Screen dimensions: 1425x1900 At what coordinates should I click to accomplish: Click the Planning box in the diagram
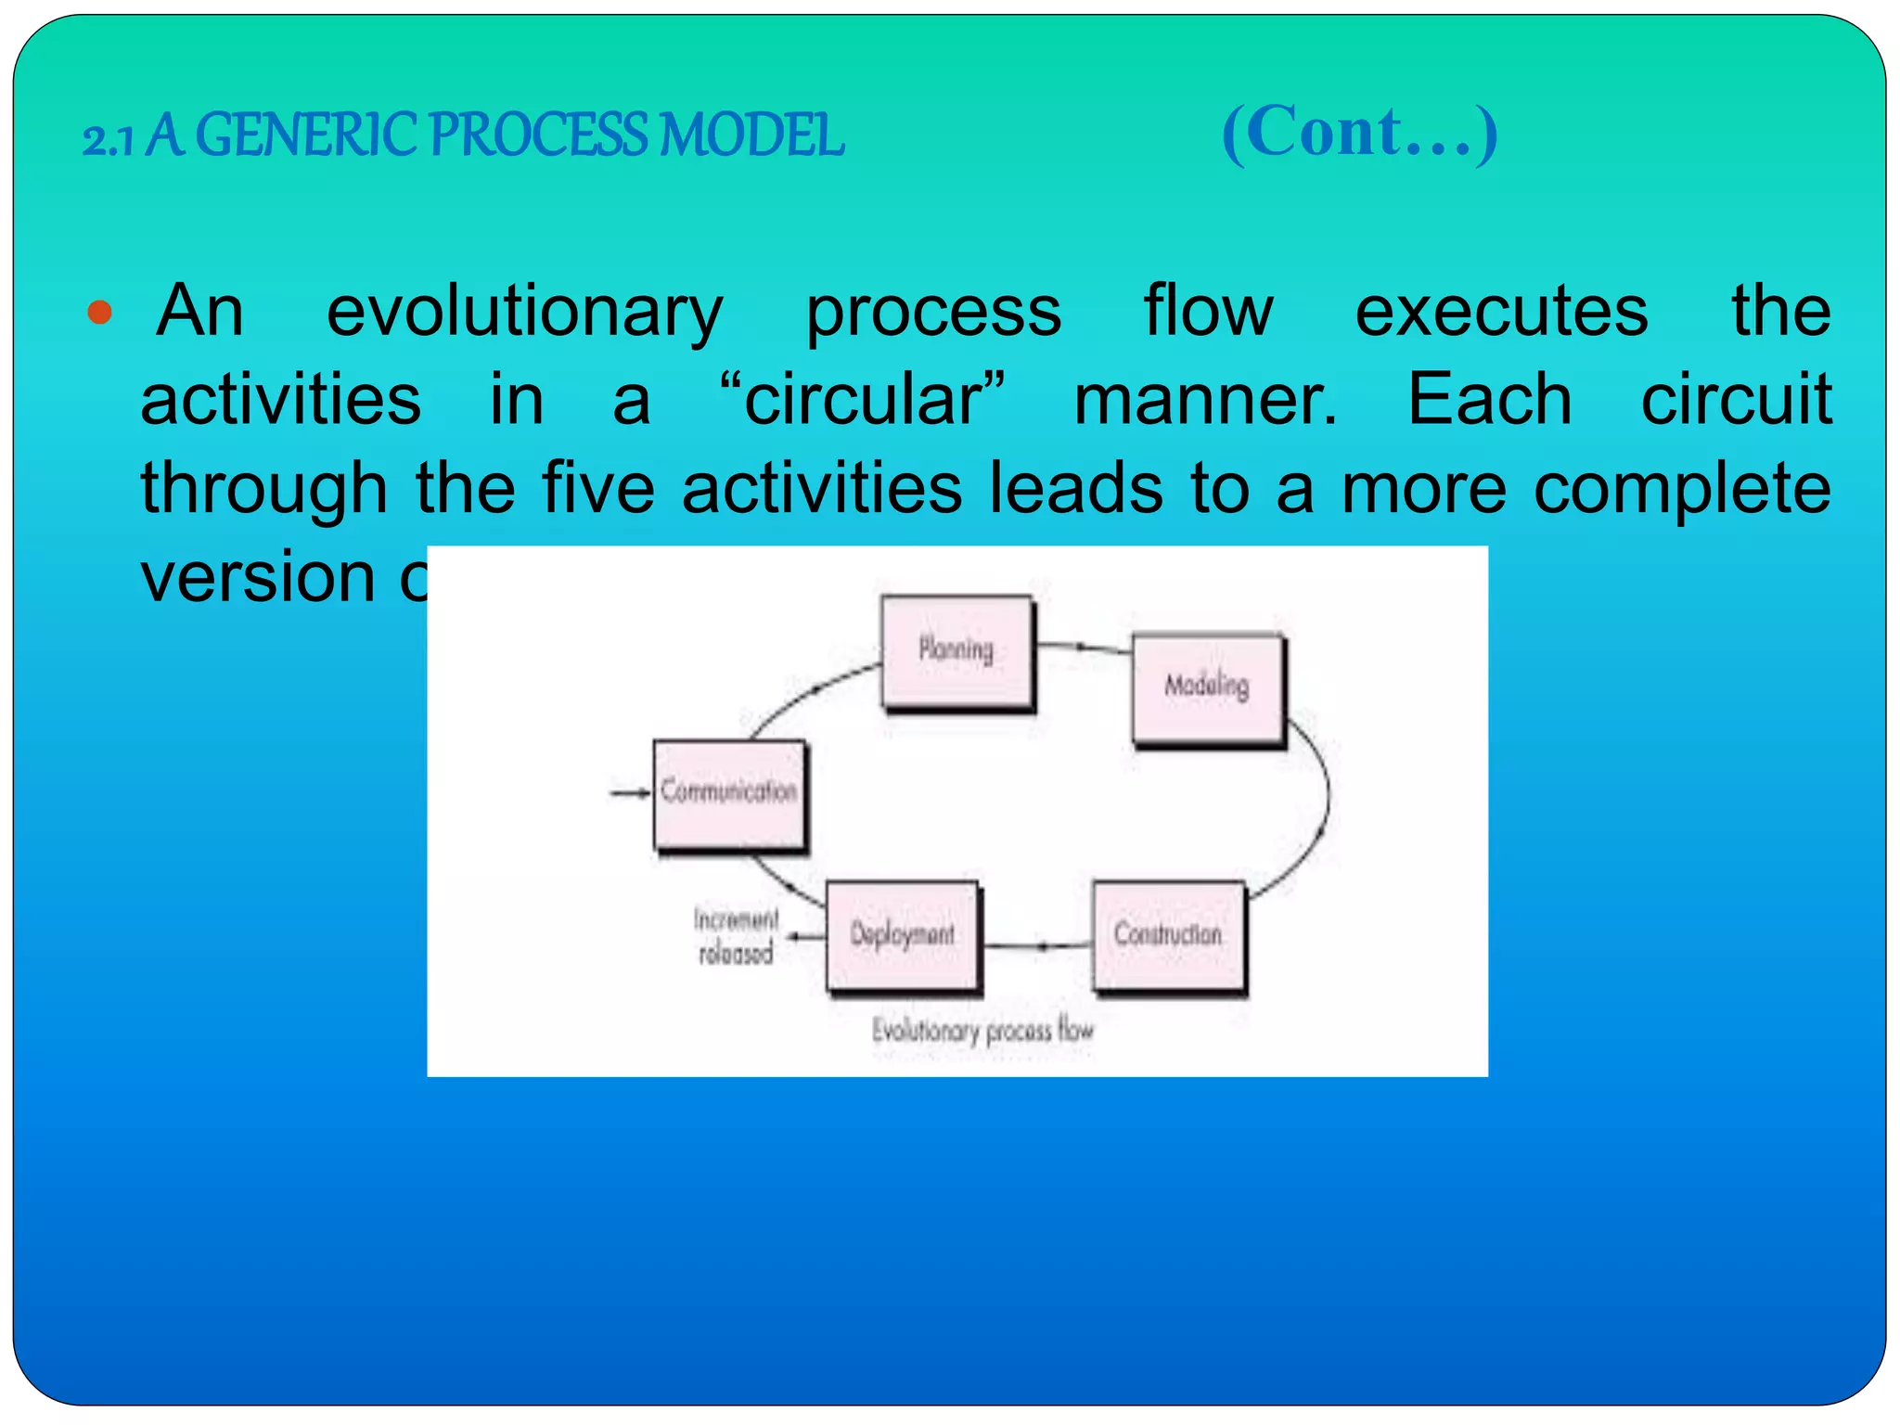pos(956,651)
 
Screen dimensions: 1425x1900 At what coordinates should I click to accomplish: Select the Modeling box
pos(1207,688)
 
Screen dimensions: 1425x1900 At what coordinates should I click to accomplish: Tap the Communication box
pos(729,794)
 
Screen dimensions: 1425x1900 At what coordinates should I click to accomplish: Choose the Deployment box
pos(902,935)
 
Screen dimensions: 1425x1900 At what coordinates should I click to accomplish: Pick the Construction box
pos(1168,935)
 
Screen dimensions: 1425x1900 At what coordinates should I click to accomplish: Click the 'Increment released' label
pos(737,936)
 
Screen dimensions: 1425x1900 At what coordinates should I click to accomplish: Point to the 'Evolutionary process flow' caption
pos(982,1031)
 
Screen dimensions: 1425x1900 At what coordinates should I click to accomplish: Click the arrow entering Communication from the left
pos(630,792)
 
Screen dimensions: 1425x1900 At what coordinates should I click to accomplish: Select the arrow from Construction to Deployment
pos(1037,945)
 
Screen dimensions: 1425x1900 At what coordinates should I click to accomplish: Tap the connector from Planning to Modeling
pos(1082,648)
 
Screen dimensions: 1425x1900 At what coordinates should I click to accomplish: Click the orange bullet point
pos(99,312)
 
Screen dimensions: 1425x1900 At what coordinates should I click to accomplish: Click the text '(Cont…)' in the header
pos(1359,133)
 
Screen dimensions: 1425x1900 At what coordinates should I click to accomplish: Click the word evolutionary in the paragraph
pos(524,312)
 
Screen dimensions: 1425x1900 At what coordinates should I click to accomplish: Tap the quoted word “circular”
pos(863,400)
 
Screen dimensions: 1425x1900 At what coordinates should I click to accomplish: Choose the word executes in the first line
pos(1501,312)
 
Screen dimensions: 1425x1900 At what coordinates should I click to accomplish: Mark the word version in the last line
pos(258,577)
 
